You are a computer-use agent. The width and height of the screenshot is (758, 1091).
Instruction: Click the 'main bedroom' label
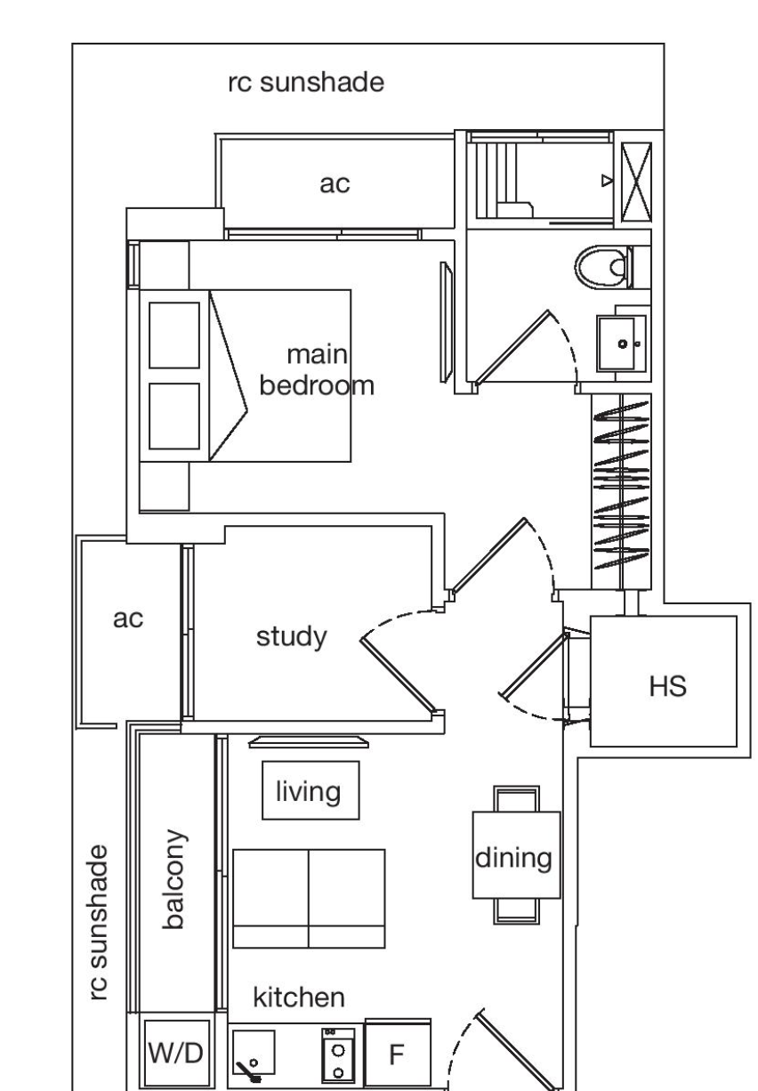(317, 370)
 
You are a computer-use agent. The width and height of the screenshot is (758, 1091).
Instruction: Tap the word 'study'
(292, 637)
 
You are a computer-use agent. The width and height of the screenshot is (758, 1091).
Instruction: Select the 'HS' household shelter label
(667, 686)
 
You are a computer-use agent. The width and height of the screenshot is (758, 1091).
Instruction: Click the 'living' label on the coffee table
(308, 791)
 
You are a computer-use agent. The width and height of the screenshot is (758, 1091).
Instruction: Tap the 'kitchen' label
(299, 997)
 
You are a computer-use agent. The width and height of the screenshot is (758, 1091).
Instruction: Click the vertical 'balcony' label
(173, 879)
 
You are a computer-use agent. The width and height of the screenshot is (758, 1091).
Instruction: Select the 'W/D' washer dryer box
(176, 1054)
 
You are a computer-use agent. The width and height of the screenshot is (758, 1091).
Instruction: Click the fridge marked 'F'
(398, 1055)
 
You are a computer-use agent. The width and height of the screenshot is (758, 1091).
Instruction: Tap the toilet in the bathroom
(604, 267)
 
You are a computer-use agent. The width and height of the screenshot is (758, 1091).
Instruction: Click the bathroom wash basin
(621, 343)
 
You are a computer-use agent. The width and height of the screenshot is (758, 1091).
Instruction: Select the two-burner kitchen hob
(338, 1055)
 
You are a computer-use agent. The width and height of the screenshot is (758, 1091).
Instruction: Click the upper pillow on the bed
(173, 335)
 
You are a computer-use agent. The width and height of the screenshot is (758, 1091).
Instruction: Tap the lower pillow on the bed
(173, 416)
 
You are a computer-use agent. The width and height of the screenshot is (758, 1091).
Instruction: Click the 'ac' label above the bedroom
(335, 183)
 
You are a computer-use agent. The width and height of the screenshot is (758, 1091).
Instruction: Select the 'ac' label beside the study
(128, 618)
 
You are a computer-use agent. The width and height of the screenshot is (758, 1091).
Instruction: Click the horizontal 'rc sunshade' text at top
(306, 82)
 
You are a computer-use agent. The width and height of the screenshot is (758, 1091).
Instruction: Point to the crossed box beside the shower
(636, 182)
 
